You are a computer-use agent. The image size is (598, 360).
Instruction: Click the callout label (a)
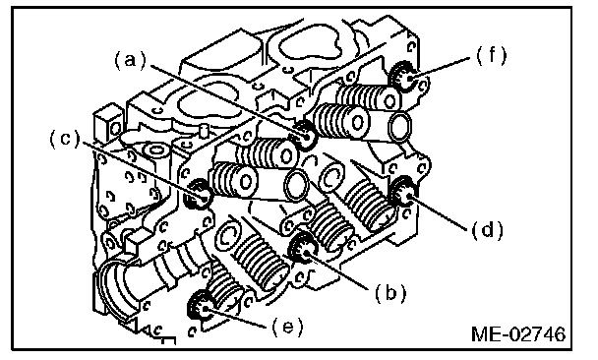click(x=131, y=61)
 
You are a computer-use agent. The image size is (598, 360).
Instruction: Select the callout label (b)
click(x=390, y=293)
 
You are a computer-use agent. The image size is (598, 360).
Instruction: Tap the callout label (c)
click(x=66, y=139)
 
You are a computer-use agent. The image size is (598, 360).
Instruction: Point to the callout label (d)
click(x=488, y=230)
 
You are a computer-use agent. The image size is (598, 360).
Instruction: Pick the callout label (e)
click(x=287, y=327)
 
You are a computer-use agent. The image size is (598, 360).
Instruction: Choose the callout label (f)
click(x=491, y=56)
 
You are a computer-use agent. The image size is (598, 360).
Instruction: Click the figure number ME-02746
click(x=518, y=334)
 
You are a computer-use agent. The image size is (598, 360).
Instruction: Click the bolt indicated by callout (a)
click(x=305, y=136)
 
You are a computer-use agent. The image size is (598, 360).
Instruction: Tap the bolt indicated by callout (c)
click(x=197, y=194)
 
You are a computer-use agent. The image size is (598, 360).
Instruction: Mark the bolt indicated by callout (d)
click(x=403, y=192)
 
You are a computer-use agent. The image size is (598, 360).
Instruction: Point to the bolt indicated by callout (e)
click(x=202, y=305)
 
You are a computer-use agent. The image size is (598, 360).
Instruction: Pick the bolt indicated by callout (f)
click(x=405, y=77)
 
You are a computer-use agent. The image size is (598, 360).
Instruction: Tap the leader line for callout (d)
click(x=438, y=212)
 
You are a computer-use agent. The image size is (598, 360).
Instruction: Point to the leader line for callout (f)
click(x=440, y=68)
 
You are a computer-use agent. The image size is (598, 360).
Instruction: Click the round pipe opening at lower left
click(x=114, y=286)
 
